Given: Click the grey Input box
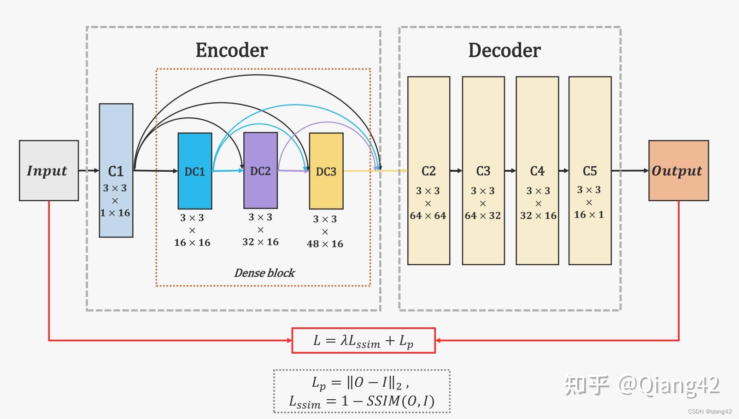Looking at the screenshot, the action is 49,170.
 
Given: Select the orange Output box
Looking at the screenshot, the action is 679,170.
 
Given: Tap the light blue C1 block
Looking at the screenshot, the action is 116,170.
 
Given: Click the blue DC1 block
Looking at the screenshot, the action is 195,171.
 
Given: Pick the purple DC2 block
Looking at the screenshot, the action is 261,170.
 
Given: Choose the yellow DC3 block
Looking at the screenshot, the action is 326,171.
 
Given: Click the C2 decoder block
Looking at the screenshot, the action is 428,170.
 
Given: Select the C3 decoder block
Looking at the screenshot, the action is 483,170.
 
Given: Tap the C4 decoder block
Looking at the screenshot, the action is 537,170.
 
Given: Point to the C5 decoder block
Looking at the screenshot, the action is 590,170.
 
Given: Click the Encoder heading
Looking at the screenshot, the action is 232,50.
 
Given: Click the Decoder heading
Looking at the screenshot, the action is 504,50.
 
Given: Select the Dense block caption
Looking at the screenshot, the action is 264,273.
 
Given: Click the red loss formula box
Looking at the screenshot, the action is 364,341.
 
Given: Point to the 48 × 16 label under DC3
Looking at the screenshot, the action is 325,244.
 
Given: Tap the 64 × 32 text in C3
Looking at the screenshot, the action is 483,215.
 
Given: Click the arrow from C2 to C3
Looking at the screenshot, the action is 456,170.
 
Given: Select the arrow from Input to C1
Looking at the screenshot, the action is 89,170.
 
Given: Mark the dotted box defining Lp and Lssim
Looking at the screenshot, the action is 362,391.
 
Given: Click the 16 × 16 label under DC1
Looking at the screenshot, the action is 192,243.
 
